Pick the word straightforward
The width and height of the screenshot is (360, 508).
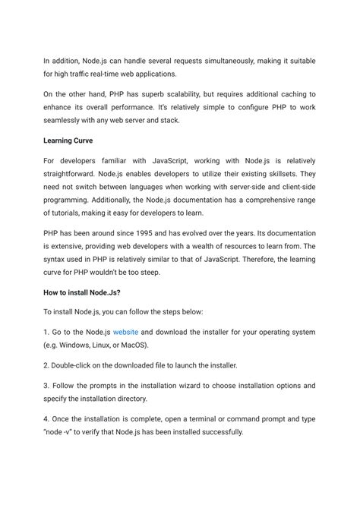pos(74,174)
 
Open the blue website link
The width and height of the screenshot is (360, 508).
pos(125,332)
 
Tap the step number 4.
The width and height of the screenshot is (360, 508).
pos(46,418)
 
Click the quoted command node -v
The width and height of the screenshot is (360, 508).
pos(63,432)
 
